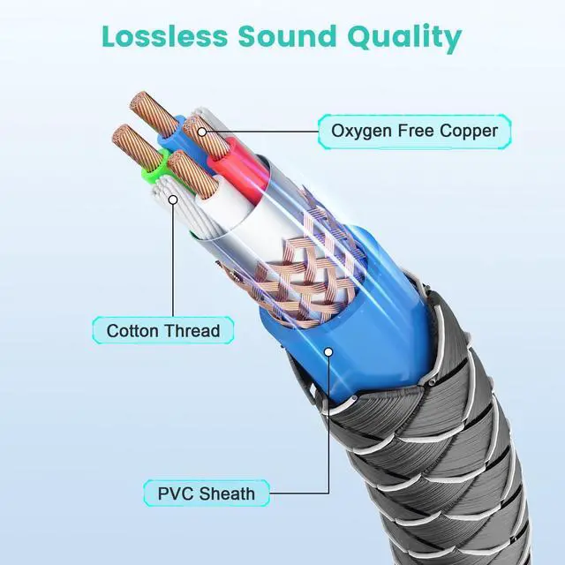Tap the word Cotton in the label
(133, 331)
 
